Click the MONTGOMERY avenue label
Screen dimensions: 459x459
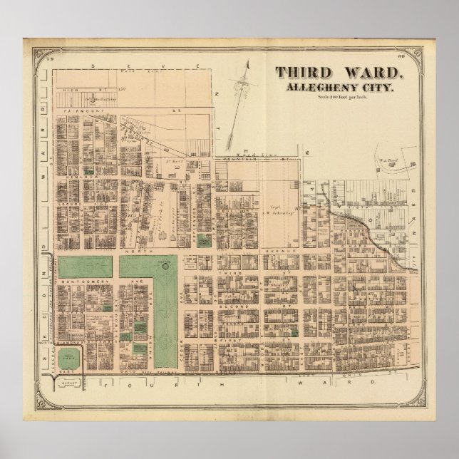tap(76, 282)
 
